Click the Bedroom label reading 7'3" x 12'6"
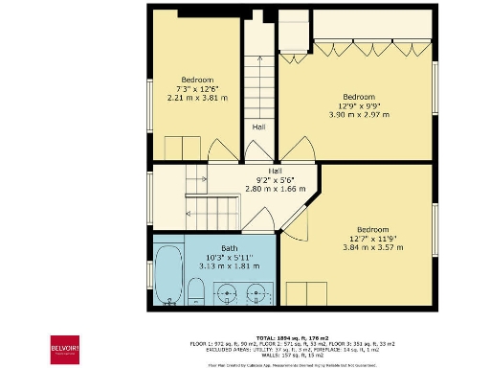coord(197,88)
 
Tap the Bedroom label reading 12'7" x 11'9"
coord(372,239)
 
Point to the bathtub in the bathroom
coord(167,277)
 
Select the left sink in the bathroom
coord(227,292)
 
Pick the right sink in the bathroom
coord(256,292)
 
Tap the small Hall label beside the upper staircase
coord(258,126)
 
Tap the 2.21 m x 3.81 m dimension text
coord(197,98)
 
